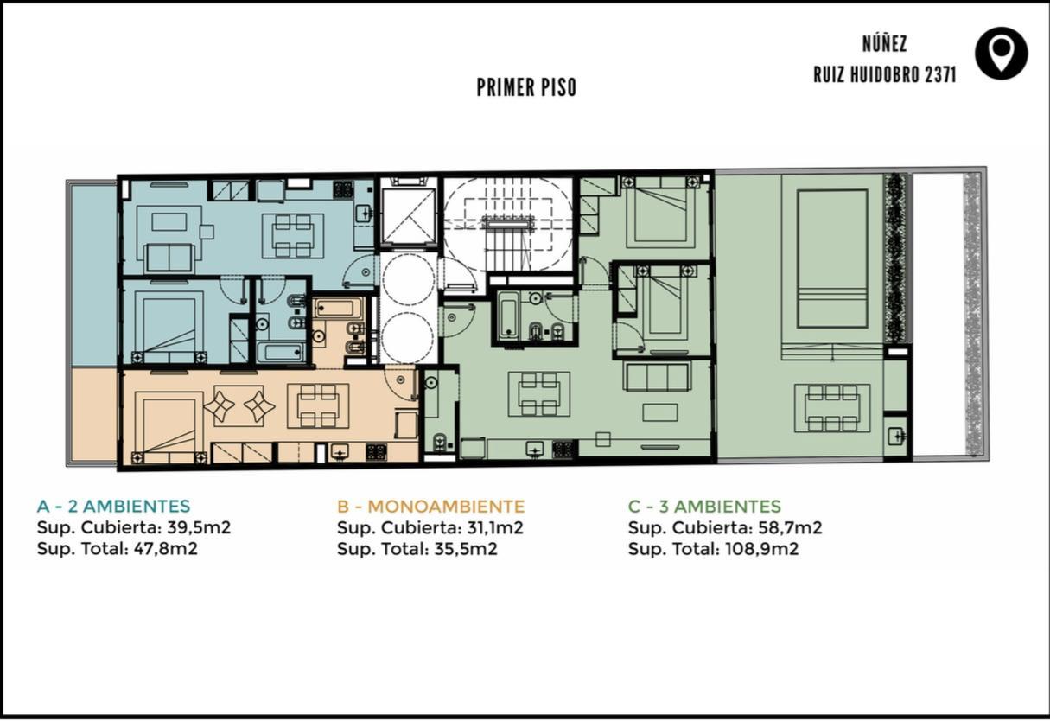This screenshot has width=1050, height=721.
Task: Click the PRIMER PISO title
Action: [526, 87]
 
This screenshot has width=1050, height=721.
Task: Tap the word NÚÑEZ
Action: [885, 43]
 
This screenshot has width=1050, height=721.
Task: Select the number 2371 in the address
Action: [940, 75]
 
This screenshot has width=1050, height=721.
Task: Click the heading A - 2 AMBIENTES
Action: [114, 507]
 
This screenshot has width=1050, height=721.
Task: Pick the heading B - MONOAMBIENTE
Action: [430, 507]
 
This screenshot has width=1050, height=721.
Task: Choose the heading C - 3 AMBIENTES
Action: [704, 507]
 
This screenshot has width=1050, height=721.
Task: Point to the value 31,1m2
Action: [495, 528]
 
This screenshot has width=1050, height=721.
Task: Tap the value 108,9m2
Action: [761, 548]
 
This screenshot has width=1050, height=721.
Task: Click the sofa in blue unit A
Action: [169, 258]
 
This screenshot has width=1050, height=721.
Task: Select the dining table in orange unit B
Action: [318, 405]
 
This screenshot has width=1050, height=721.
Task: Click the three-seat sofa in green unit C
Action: [657, 376]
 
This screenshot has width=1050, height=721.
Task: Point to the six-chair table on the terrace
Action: [832, 408]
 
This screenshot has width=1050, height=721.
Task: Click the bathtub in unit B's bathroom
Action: [338, 308]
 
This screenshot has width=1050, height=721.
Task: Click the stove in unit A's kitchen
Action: [343, 190]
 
